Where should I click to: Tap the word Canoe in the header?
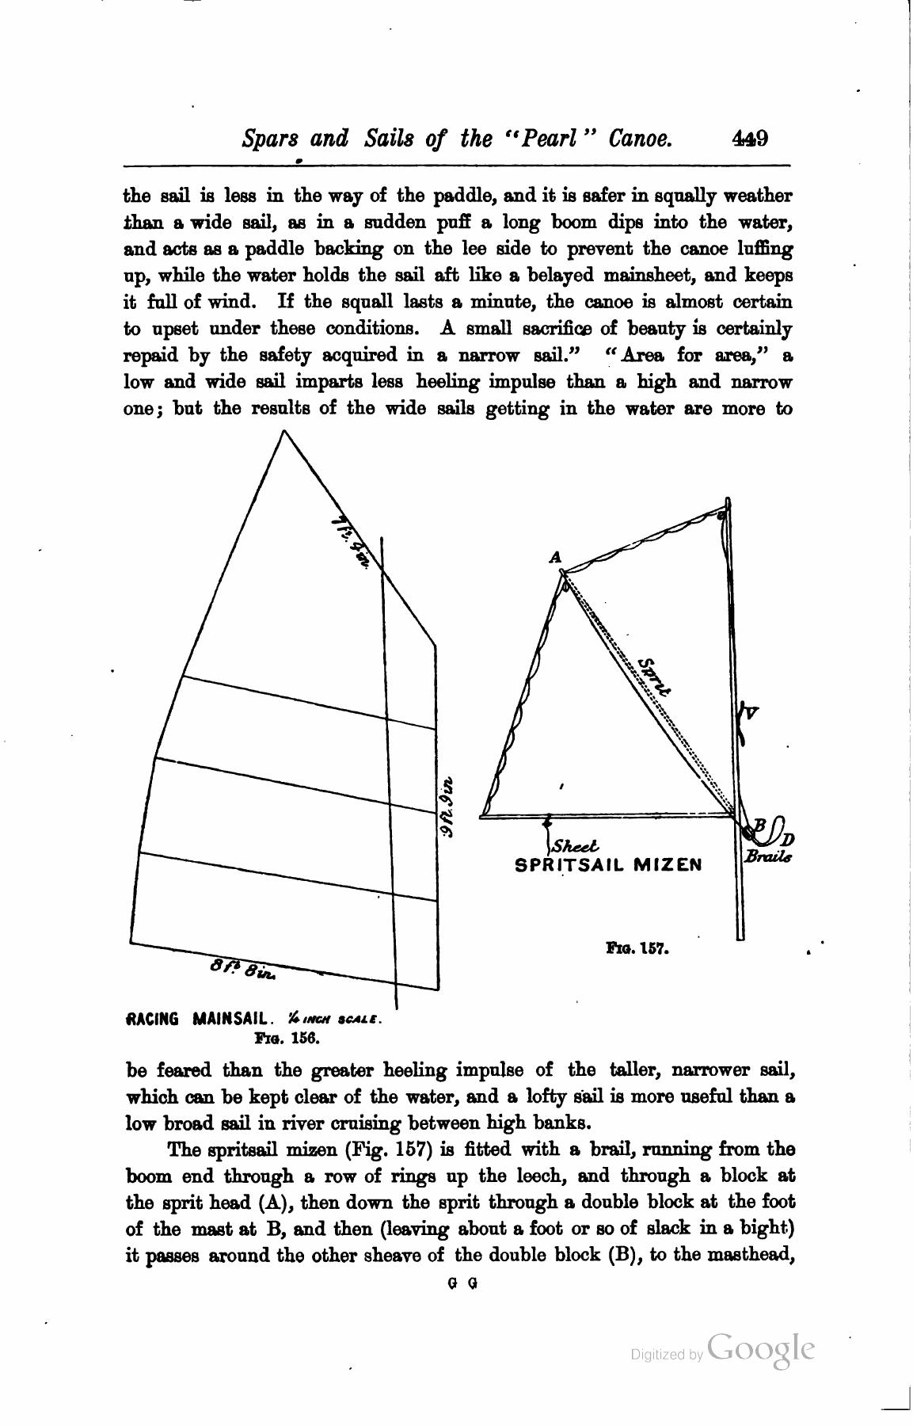(x=641, y=139)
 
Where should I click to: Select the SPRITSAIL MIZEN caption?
(x=608, y=864)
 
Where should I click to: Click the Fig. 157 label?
(x=637, y=947)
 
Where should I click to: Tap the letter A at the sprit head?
(x=556, y=558)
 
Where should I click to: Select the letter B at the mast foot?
(x=759, y=825)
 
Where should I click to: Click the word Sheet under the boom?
(x=576, y=846)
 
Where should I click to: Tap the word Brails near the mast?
(x=767, y=857)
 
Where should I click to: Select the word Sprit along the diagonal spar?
(x=654, y=676)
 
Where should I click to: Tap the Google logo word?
(x=761, y=1350)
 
